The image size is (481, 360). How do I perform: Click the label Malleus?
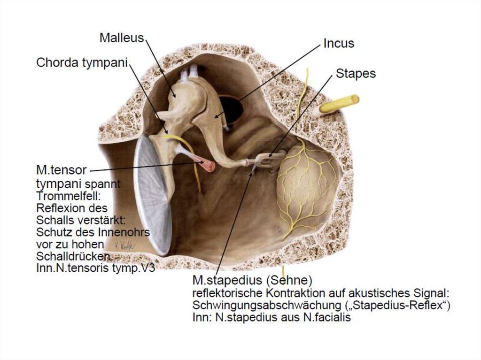pyautogui.click(x=121, y=38)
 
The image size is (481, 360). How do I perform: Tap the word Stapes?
pyautogui.click(x=356, y=74)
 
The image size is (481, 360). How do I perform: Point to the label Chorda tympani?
pyautogui.click(x=82, y=62)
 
